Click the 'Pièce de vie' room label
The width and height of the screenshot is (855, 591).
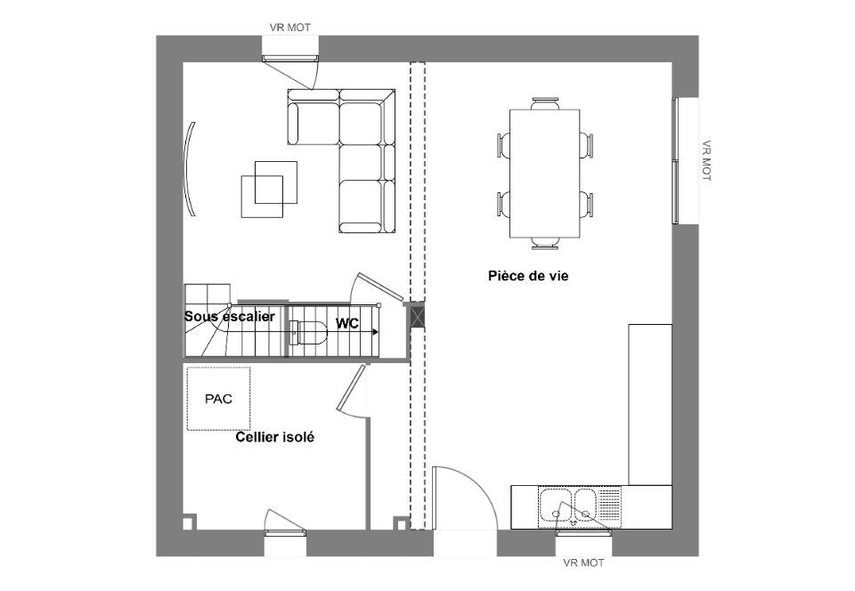528,276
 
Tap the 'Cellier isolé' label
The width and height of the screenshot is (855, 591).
275,437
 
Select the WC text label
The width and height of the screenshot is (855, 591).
347,324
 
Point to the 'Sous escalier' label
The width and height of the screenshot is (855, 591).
230,317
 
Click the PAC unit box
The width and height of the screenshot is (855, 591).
219,399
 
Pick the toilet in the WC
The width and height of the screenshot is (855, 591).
307,333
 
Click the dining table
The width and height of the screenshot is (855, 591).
545,174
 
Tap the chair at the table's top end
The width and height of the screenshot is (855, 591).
545,103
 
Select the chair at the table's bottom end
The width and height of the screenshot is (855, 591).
545,244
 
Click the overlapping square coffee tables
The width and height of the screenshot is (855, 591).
269,190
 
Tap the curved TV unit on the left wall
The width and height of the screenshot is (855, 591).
190,169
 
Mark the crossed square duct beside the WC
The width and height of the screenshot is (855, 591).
418,317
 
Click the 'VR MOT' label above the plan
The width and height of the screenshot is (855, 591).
290,28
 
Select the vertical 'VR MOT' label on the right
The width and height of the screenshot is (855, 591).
706,161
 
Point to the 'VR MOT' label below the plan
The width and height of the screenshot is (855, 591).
583,563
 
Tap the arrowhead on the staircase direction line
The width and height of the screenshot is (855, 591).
375,331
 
